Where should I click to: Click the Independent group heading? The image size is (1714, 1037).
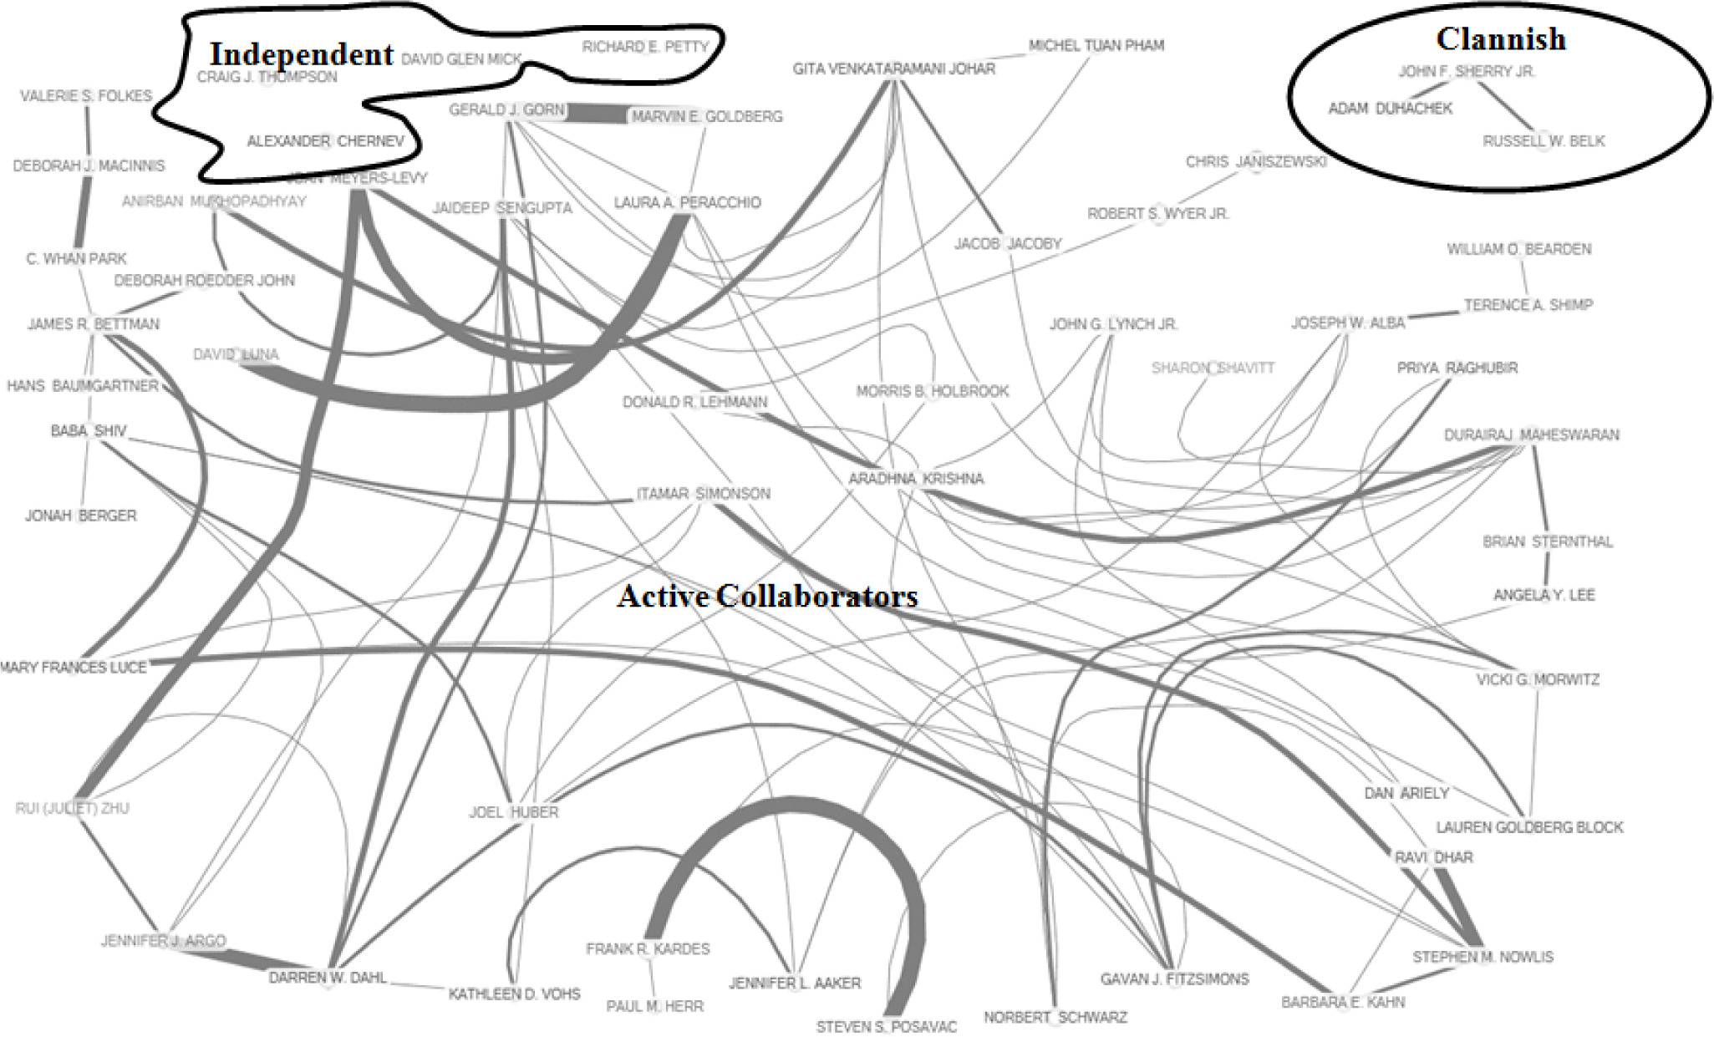click(x=301, y=54)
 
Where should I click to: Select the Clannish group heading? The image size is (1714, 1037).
click(x=1501, y=38)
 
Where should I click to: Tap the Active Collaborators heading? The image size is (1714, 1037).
click(x=767, y=596)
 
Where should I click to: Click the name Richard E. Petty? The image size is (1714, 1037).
click(x=645, y=47)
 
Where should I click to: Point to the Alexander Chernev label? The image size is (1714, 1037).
click(x=325, y=141)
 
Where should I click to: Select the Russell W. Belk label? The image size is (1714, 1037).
click(x=1544, y=141)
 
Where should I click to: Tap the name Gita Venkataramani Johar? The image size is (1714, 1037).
click(x=893, y=69)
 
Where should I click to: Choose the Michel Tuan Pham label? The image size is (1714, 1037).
click(x=1096, y=45)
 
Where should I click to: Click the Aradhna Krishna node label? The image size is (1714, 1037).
click(x=916, y=479)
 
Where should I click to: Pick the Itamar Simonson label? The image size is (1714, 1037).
click(x=703, y=494)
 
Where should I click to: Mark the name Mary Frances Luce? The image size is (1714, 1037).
click(x=74, y=667)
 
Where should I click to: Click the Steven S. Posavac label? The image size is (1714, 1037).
click(x=886, y=1026)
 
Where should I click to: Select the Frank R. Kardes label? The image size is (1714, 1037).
click(x=648, y=949)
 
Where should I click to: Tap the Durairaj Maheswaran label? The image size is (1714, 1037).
click(x=1531, y=435)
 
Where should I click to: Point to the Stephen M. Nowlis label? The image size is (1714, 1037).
click(x=1483, y=957)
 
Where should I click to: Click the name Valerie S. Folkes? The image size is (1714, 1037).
click(x=86, y=96)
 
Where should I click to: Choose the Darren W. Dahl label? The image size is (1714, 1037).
click(x=328, y=977)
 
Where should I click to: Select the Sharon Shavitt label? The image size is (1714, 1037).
click(x=1213, y=368)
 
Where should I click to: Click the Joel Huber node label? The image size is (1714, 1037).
click(x=513, y=811)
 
